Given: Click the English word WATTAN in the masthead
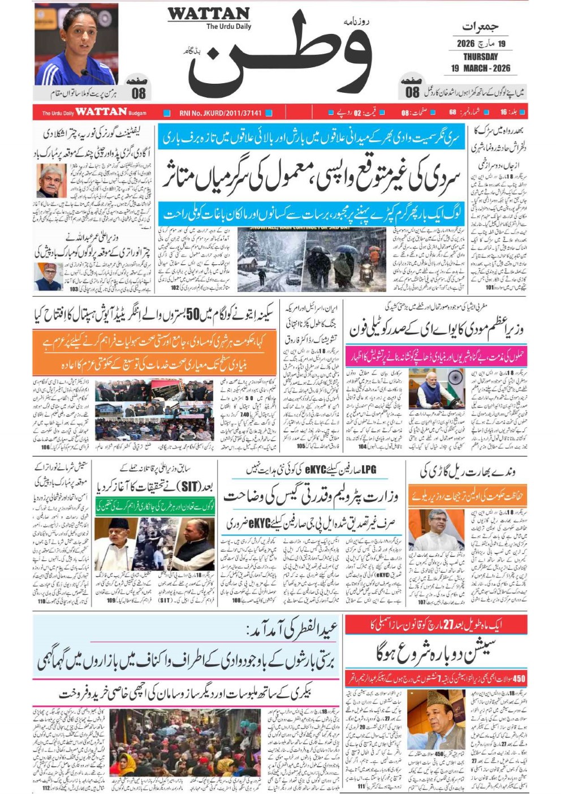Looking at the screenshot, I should [x=208, y=14].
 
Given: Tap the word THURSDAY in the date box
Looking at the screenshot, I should [x=480, y=57].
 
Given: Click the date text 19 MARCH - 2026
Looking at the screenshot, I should [x=480, y=68].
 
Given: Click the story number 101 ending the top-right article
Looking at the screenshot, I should [x=490, y=287].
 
